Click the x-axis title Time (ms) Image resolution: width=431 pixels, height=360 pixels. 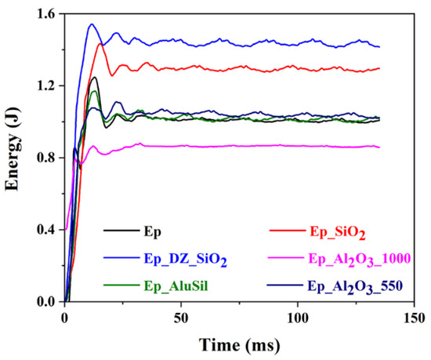pos(240,345)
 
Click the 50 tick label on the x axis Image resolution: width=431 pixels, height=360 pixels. pos(181,318)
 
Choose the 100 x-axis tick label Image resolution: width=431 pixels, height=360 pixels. pos(298,318)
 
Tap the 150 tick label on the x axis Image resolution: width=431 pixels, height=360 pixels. pos(415,318)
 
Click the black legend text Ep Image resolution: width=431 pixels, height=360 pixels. pos(153,232)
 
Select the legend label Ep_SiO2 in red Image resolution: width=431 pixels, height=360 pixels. pos(338,233)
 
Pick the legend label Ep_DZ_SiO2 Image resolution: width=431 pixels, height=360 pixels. pos(186,260)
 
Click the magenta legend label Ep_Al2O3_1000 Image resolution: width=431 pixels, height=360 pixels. pos(360,260)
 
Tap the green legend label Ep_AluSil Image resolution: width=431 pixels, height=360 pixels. pos(176,286)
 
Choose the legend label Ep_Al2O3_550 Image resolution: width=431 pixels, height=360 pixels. pos(355,287)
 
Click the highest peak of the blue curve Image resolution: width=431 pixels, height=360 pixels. pos(92,24)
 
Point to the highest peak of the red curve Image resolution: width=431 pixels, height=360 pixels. pos(100,43)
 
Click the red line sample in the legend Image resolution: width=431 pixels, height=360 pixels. pos(288,230)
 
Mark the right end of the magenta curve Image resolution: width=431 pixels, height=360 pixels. pos(379,147)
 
